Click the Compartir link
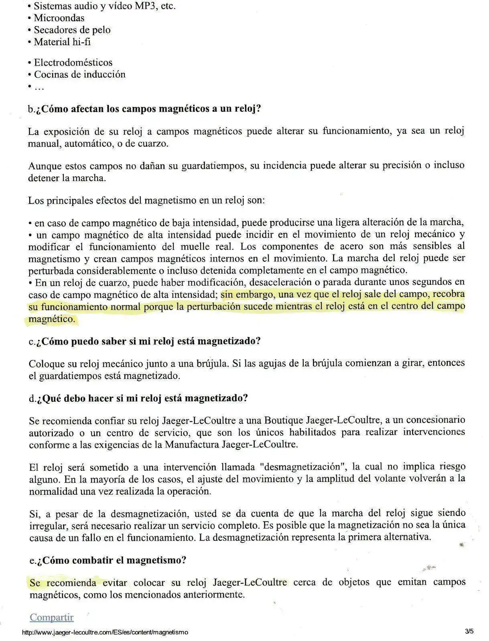click(51, 617)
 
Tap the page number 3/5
click(469, 632)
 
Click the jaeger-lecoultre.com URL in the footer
click(105, 632)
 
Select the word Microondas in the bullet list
click(59, 18)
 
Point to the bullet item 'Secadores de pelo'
click(72, 30)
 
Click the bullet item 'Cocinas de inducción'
click(79, 75)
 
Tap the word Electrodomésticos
click(73, 62)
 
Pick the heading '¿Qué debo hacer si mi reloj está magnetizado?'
click(142, 398)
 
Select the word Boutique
click(283, 420)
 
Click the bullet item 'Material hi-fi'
click(62, 42)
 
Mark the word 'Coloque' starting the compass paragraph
click(47, 364)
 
